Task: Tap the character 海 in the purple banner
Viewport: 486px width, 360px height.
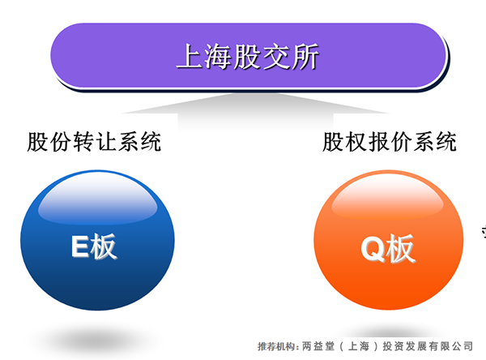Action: tap(219, 56)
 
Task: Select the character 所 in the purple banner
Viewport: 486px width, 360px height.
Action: tap(305, 56)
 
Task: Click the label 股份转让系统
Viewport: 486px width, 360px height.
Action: tap(94, 142)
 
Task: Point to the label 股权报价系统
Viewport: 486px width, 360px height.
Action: tap(390, 142)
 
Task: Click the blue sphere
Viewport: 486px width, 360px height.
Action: tap(97, 240)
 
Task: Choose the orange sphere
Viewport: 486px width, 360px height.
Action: tap(388, 240)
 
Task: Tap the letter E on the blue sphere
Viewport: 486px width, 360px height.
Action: tap(80, 246)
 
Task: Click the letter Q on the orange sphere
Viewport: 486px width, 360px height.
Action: tap(373, 249)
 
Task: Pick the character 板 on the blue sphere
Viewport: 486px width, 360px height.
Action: tap(104, 246)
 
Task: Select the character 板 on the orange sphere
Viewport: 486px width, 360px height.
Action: tap(401, 249)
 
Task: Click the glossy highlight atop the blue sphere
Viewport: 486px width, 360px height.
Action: tap(98, 200)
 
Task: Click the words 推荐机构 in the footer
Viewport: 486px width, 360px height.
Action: tap(276, 346)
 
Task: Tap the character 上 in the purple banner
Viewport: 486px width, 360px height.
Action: tap(190, 56)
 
